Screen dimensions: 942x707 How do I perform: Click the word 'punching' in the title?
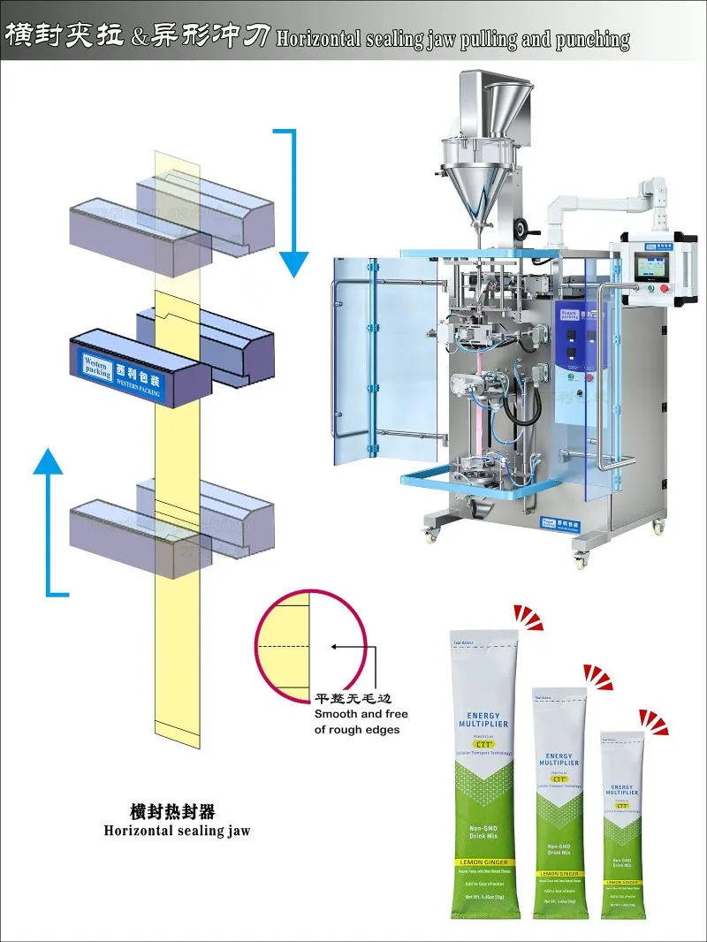pyautogui.click(x=593, y=39)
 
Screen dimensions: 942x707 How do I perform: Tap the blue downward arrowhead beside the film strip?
pyautogui.click(x=294, y=263)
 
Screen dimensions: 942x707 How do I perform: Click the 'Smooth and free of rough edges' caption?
pyautogui.click(x=357, y=721)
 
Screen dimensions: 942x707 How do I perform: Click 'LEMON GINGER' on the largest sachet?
pyautogui.click(x=485, y=861)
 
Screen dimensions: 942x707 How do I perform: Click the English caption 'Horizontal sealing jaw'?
pyautogui.click(x=177, y=831)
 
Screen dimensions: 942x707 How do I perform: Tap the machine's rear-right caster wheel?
pyautogui.click(x=658, y=527)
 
